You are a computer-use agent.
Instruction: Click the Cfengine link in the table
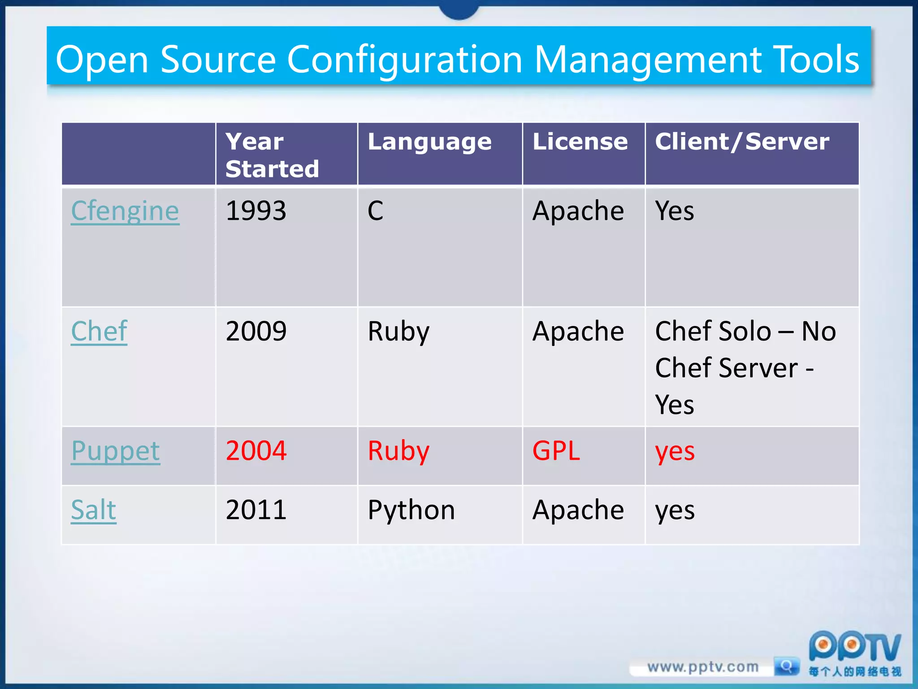(125, 211)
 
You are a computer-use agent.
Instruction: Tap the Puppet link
(115, 451)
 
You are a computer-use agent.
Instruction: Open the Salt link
(94, 510)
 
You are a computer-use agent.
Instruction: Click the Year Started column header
(272, 155)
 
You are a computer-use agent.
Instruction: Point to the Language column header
(429, 142)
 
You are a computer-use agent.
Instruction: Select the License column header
(580, 142)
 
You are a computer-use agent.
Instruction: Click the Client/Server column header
(742, 142)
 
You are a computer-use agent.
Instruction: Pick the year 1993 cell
(256, 211)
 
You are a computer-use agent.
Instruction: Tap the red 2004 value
(256, 451)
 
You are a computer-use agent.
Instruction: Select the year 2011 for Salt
(256, 510)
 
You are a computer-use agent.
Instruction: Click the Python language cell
(411, 510)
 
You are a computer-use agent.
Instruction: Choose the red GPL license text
(556, 451)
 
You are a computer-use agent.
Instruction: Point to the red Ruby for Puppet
(398, 451)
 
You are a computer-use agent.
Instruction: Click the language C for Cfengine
(376, 211)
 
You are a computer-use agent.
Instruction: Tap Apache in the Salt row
(578, 510)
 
